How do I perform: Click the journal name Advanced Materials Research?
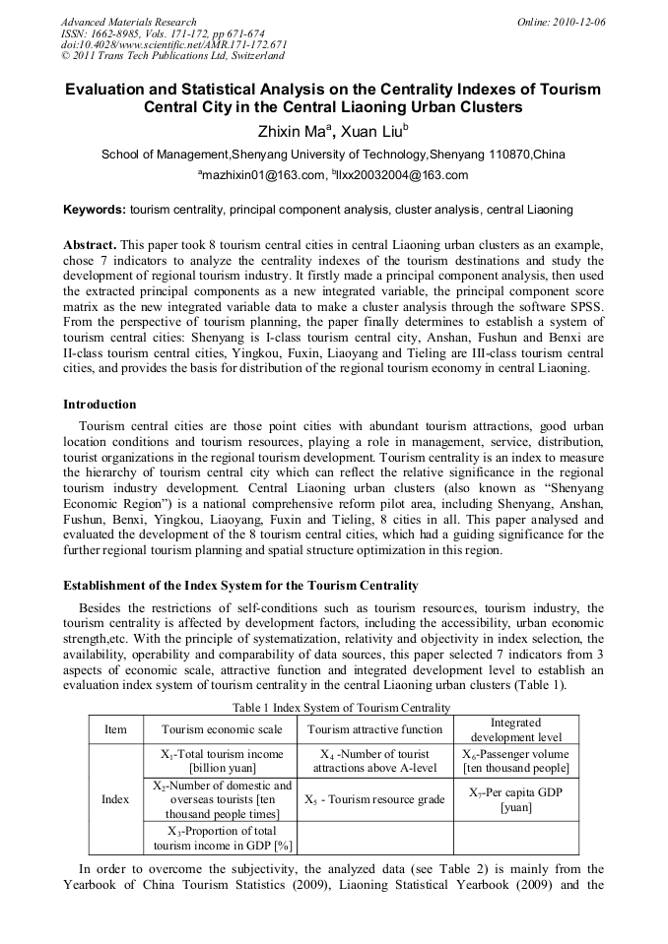point(128,22)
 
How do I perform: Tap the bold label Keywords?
point(95,210)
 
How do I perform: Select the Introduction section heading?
point(100,404)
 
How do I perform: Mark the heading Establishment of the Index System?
point(240,585)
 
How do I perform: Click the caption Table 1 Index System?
point(341,707)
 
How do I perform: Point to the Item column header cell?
point(115,729)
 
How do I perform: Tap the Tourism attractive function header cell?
point(375,729)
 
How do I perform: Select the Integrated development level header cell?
point(516,729)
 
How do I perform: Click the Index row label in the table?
point(115,799)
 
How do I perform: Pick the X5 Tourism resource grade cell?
point(375,799)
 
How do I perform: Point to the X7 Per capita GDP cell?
point(516,799)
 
